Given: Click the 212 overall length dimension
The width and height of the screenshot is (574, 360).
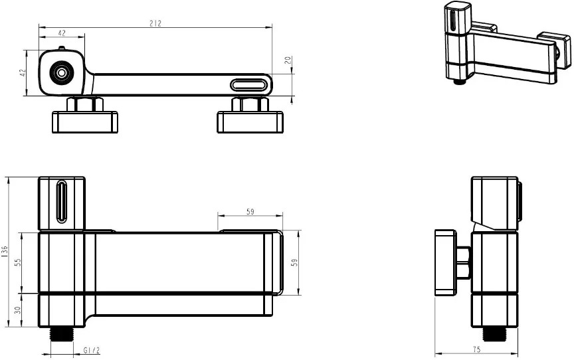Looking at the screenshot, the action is [155, 23].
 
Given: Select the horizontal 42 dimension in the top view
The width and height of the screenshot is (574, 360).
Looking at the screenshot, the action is [62, 33].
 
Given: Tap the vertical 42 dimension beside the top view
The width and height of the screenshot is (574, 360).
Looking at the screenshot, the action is [23, 73].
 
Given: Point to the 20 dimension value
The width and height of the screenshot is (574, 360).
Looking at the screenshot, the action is [288, 60].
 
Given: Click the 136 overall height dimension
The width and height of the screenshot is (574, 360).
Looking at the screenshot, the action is [5, 252].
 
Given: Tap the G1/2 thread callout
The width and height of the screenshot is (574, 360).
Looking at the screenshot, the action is [91, 350].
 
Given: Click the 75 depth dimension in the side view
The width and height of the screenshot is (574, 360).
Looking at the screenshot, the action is [476, 349].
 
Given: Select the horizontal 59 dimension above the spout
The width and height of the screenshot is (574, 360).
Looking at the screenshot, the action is [250, 211].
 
